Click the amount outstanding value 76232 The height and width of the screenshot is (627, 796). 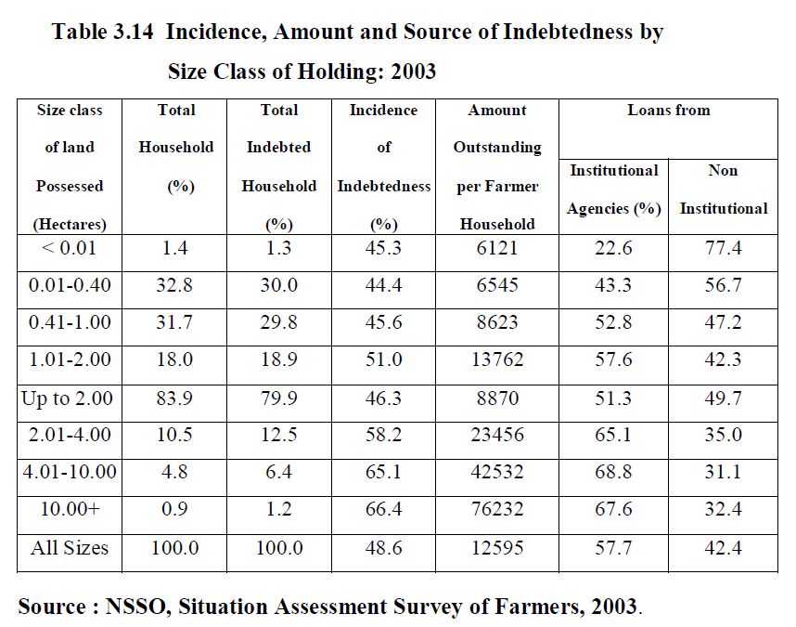[x=498, y=510]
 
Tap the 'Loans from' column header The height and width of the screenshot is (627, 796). [x=668, y=111]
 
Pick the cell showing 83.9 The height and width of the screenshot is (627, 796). [x=175, y=398]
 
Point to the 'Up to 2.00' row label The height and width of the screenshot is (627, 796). [x=68, y=398]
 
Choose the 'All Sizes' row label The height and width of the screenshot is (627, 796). [x=70, y=548]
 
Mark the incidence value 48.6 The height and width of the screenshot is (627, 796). [x=383, y=548]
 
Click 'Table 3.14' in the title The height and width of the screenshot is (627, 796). [x=101, y=33]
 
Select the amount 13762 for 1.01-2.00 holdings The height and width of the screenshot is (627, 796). [x=498, y=359]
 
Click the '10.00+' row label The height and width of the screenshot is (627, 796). [x=70, y=510]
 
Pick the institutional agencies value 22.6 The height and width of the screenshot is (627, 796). [x=613, y=249]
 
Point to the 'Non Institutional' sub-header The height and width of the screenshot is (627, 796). [x=723, y=189]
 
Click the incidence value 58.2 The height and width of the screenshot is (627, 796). [x=383, y=435]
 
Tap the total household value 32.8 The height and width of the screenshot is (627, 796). [x=175, y=285]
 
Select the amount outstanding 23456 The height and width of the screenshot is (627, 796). [x=498, y=435]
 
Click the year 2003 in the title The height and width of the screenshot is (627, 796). [x=408, y=72]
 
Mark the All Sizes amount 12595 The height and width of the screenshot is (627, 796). [x=498, y=548]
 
